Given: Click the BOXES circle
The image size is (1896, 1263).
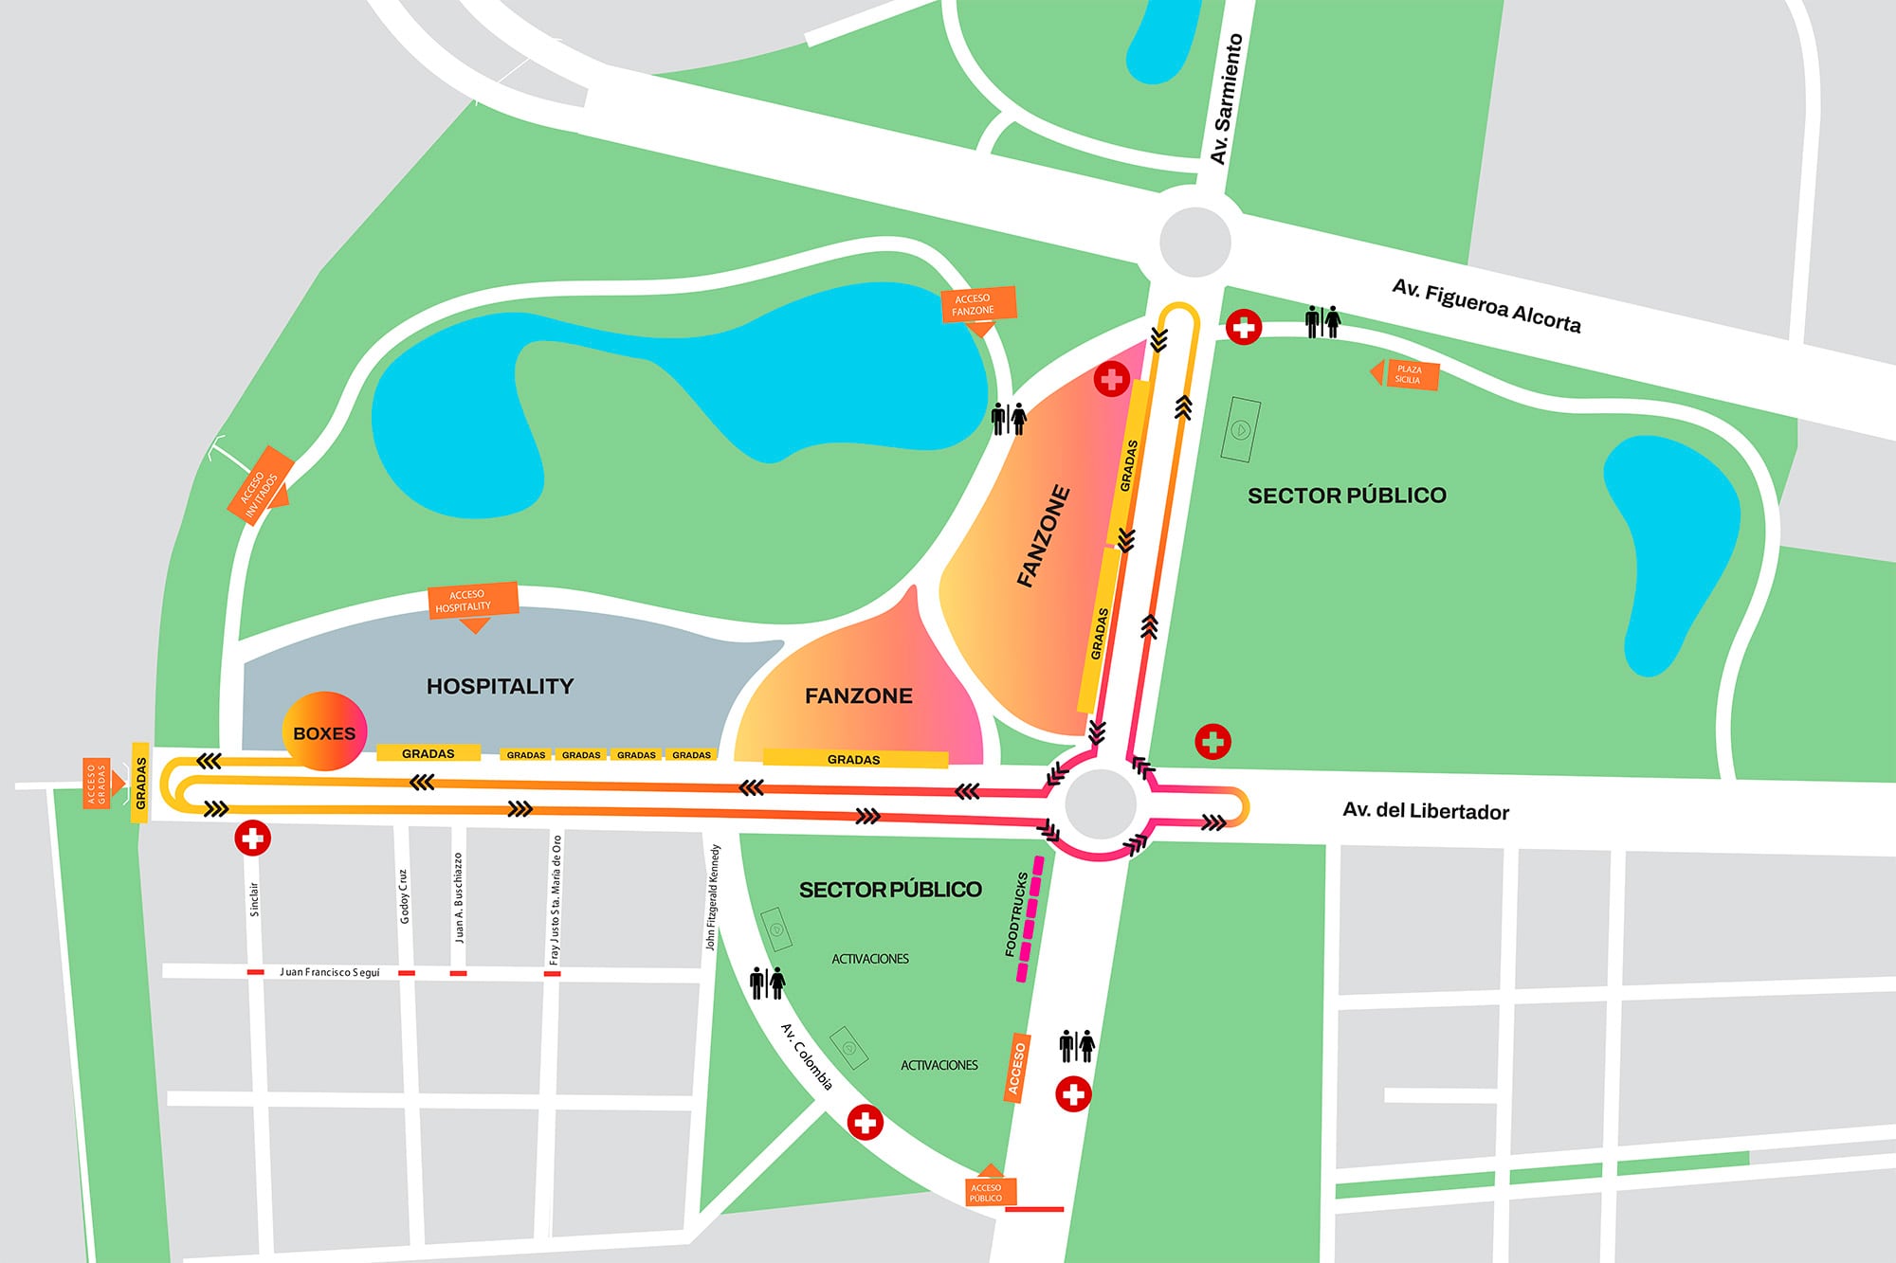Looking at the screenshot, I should [x=324, y=731].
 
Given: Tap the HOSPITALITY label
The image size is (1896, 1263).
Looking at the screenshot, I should [x=500, y=686].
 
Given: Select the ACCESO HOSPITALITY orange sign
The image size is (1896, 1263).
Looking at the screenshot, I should [x=473, y=601].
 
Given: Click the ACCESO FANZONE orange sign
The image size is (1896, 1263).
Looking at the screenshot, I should [x=977, y=305].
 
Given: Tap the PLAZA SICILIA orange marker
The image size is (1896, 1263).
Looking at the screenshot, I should [x=1410, y=374].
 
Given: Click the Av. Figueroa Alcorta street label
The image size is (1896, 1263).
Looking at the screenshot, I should [x=1486, y=306].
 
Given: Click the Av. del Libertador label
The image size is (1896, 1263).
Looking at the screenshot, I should [x=1425, y=811].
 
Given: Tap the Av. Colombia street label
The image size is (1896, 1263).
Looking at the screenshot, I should [x=807, y=1056].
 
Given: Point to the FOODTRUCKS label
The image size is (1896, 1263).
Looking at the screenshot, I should [x=1016, y=914].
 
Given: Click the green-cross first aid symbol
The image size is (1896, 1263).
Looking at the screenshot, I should [x=1212, y=741].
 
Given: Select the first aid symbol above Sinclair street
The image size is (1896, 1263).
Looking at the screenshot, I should [x=252, y=838].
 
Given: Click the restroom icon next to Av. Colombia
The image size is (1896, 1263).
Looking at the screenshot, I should [x=767, y=983].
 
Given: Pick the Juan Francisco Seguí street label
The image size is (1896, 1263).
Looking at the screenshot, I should [x=329, y=972].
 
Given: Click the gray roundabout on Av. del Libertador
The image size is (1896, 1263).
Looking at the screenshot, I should [x=1100, y=804].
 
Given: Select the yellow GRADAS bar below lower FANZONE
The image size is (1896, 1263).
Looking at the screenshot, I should [x=854, y=759].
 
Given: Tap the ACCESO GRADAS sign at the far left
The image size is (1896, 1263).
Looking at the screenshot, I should [x=98, y=783].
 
